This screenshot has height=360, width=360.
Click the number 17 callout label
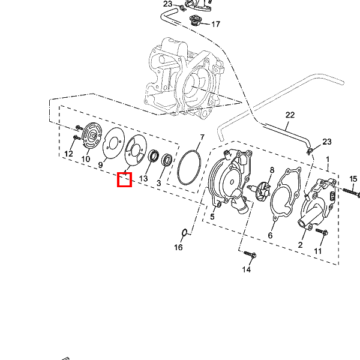pos(215,24)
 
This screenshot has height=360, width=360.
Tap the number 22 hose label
pos(290,115)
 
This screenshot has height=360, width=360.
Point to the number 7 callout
pos(202,137)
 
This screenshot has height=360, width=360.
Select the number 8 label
pos(272,170)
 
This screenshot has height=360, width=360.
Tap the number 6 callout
pos(270,235)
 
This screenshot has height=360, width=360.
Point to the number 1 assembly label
pos(328,160)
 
